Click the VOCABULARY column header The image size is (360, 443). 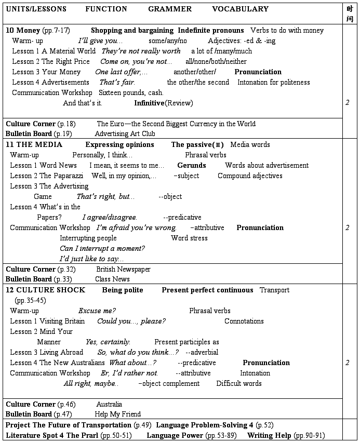point(240,9)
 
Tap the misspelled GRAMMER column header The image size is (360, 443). point(170,9)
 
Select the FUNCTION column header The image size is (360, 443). point(106,9)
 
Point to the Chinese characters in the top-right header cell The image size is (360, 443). point(350,14)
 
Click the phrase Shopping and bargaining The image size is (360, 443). point(131,30)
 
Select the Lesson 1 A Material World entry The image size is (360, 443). point(54,51)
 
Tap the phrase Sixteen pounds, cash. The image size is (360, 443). point(131,92)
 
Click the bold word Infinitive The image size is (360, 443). point(150,103)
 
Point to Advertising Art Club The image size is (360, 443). point(125,134)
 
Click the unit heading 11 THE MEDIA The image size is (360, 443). point(34,144)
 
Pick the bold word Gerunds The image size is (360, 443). point(192,165)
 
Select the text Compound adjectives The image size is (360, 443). point(250,176)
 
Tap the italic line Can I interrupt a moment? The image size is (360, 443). point(102,248)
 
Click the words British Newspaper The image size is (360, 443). point(123,269)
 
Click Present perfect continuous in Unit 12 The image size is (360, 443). point(207,290)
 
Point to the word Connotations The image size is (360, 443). point(244,321)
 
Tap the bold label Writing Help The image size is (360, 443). point(270,435)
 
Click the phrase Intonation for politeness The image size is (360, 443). point(274,82)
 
